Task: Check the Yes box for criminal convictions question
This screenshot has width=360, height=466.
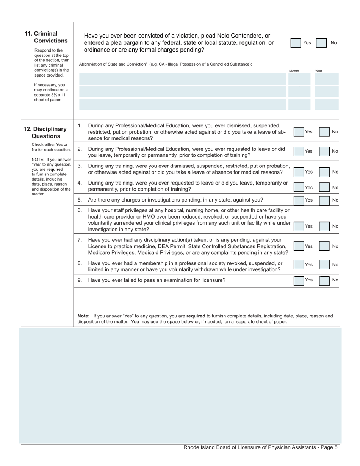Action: [x=296, y=43]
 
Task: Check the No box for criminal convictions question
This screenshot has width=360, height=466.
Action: [x=321, y=43]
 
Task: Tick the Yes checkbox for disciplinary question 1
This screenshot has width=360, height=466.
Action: [x=299, y=132]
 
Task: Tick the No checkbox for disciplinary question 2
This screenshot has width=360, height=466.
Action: [x=324, y=151]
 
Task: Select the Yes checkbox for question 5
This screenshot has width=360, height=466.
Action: [x=299, y=200]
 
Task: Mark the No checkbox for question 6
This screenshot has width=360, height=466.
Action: [x=324, y=227]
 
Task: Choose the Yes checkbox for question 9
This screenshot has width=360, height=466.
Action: [x=299, y=280]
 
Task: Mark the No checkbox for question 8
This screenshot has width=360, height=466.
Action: [x=324, y=264]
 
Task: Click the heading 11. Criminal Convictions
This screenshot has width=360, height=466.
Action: [x=46, y=37]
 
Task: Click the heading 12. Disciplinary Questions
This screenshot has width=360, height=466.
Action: [x=45, y=133]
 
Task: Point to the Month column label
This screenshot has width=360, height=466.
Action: [x=294, y=71]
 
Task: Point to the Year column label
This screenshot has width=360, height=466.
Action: [x=318, y=71]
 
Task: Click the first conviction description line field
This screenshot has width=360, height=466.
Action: [x=182, y=79]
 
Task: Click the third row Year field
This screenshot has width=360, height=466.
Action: [x=326, y=104]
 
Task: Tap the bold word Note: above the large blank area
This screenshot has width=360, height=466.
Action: [x=83, y=316]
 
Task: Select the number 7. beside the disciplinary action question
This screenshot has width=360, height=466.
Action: [x=80, y=240]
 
